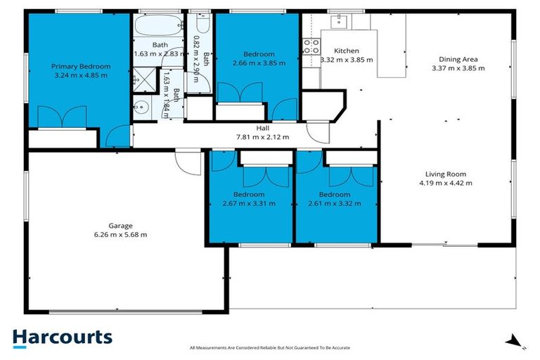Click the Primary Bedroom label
point(81,66)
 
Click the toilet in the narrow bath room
point(202,27)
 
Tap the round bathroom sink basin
point(141,108)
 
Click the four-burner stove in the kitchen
point(310,48)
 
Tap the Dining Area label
point(458,59)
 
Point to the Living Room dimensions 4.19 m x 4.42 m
point(445,183)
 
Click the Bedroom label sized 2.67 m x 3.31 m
point(249,194)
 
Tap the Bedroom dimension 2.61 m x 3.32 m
point(334,203)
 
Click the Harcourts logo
point(62,337)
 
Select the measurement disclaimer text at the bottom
point(270,348)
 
